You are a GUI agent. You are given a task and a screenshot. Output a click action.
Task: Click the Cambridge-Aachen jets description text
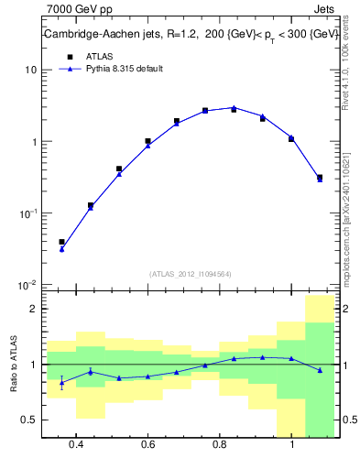point(191,34)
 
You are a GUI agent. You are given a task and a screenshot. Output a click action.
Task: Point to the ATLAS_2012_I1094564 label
point(191,273)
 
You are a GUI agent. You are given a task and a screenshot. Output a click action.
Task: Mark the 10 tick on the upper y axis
point(31,70)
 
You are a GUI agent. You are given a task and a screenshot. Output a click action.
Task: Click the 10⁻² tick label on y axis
point(28,285)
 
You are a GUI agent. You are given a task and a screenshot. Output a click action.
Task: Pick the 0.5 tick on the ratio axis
point(29,420)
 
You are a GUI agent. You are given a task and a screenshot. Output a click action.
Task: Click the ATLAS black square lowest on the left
point(61,242)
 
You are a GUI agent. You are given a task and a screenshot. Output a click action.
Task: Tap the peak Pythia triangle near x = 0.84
point(234,107)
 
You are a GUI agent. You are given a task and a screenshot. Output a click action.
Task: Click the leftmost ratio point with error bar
point(61,382)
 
